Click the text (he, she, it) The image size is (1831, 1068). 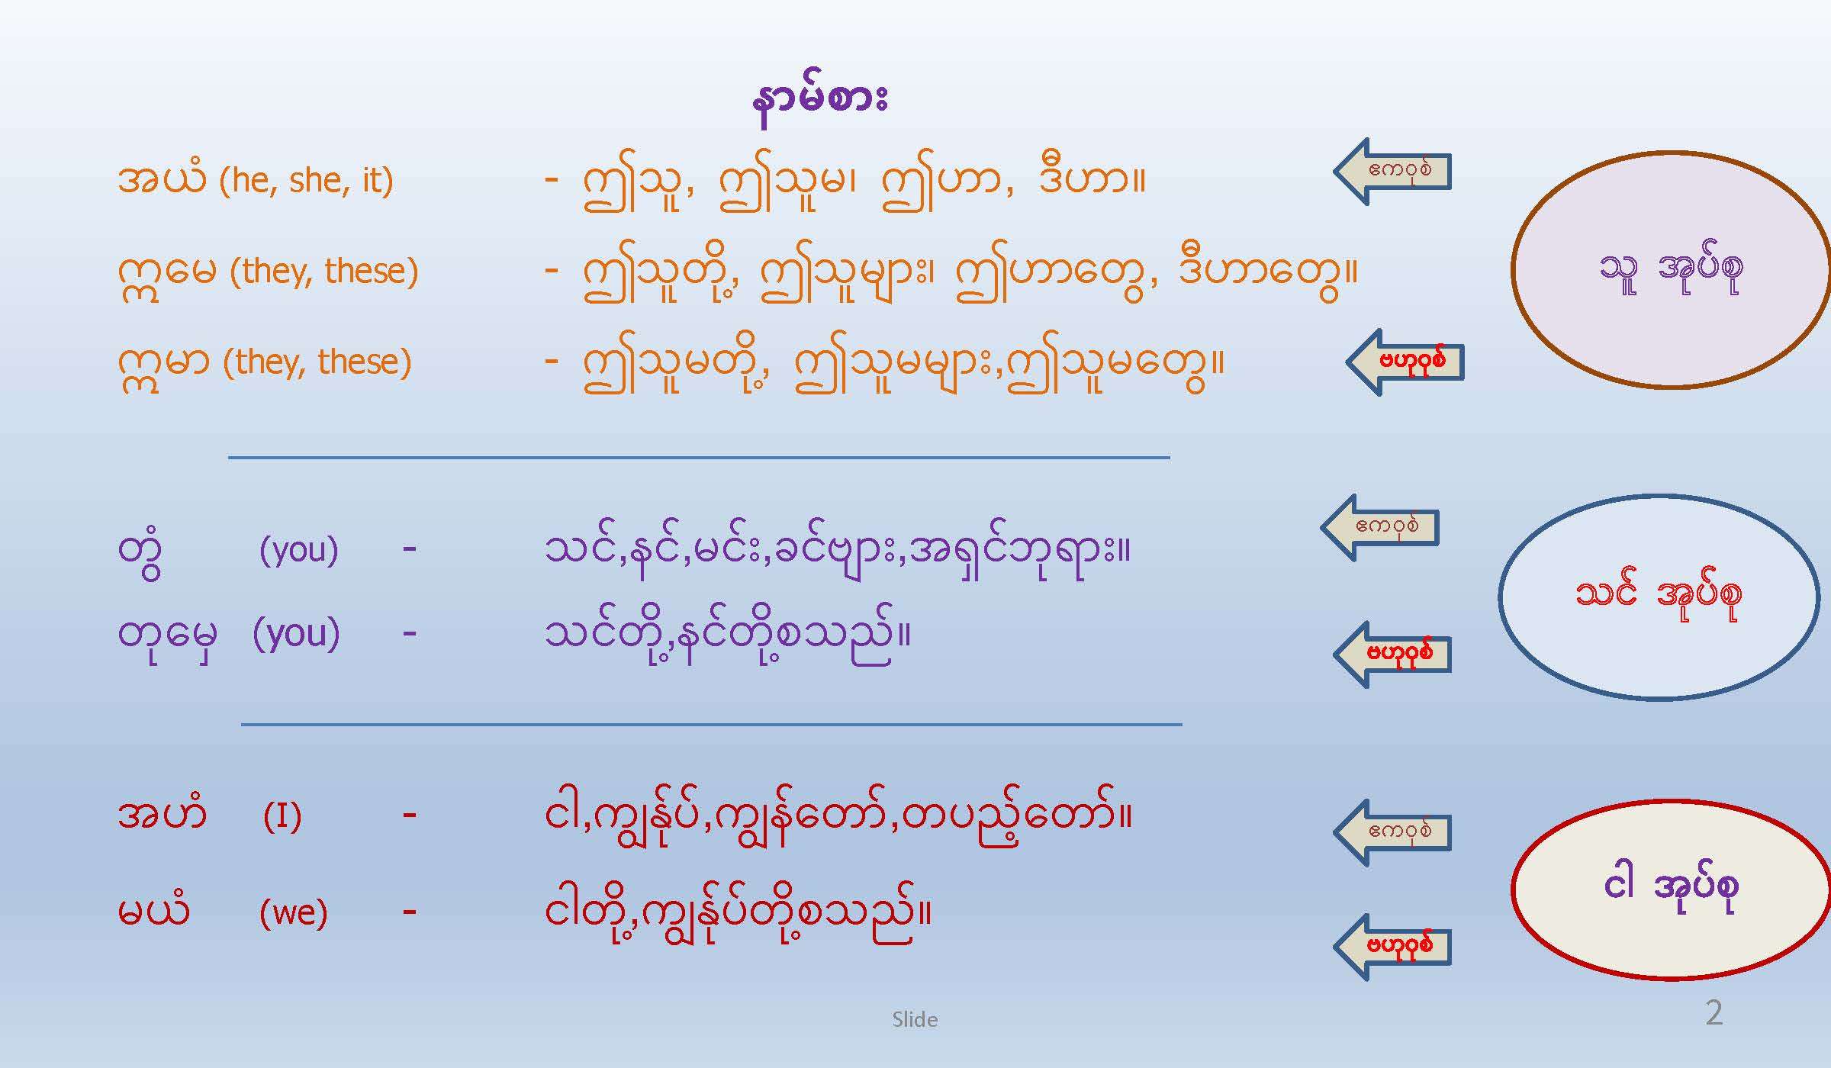click(306, 181)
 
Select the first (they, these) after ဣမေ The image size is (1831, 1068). click(324, 272)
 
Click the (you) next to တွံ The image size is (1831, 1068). click(298, 550)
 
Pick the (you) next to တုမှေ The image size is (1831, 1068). click(296, 633)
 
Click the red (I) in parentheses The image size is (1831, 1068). click(282, 817)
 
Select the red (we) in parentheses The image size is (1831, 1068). click(294, 912)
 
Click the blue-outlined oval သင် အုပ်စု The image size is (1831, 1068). click(1659, 597)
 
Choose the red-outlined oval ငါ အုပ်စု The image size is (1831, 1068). click(1671, 889)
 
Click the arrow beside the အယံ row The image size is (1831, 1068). click(1392, 172)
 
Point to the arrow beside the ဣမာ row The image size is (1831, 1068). click(1405, 362)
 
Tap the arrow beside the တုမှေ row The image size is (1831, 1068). click(1392, 655)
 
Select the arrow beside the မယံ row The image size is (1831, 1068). click(1392, 947)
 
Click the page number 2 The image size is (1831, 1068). click(1714, 1013)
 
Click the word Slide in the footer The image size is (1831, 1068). click(915, 1019)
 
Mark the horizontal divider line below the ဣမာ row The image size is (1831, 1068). click(699, 458)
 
